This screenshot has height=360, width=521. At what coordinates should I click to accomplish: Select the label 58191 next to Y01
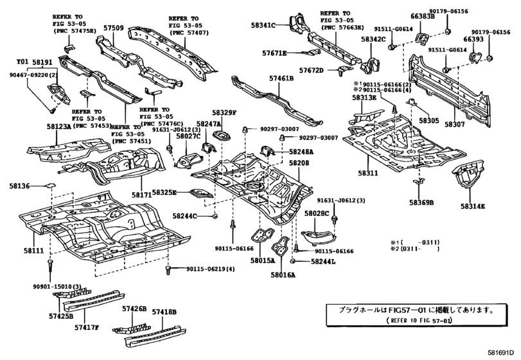(x=42, y=62)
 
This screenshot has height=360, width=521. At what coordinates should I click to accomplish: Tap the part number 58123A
(x=59, y=127)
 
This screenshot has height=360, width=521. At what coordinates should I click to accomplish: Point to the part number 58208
(x=298, y=164)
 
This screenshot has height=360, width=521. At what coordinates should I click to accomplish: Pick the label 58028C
(x=317, y=213)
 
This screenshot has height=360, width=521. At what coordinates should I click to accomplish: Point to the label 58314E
(x=473, y=206)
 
